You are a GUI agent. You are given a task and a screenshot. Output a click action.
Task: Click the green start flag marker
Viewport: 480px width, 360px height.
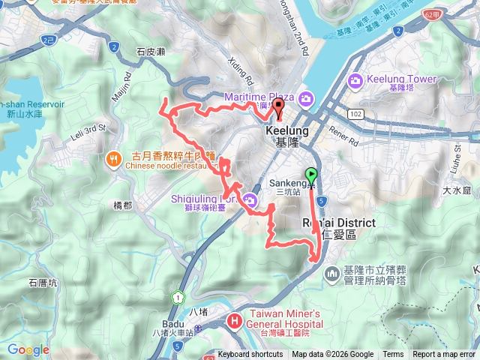[313, 175]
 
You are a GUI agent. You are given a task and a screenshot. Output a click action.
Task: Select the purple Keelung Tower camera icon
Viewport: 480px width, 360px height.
[355, 80]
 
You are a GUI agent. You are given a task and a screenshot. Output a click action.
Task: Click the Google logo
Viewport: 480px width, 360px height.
[28, 349]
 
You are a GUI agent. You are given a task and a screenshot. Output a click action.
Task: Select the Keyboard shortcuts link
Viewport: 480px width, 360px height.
[250, 355]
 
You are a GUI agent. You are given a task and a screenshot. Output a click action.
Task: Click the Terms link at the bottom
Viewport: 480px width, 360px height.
[393, 355]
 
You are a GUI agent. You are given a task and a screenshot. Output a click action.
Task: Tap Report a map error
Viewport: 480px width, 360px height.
[444, 355]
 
